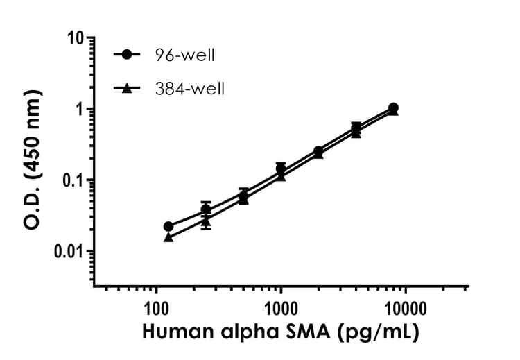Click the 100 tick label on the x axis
pyautogui.click(x=155, y=307)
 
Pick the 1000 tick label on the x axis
pyautogui.click(x=281, y=307)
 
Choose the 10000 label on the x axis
pyautogui.click(x=406, y=307)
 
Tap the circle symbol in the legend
pyautogui.click(x=127, y=54)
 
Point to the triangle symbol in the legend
pyautogui.click(x=127, y=88)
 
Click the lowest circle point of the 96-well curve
pyautogui.click(x=168, y=226)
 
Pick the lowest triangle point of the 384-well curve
pyautogui.click(x=168, y=237)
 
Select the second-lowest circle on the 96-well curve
pyautogui.click(x=206, y=209)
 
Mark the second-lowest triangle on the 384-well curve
pyautogui.click(x=206, y=222)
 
